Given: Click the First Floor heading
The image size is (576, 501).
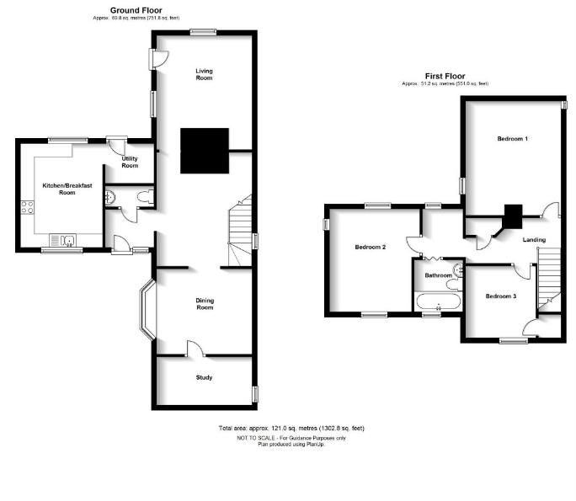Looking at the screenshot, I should point(445,76).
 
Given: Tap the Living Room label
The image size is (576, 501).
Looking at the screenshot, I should point(203,74).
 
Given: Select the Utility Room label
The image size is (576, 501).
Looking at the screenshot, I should point(130,162).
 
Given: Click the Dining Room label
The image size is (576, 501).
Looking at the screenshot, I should point(203,304).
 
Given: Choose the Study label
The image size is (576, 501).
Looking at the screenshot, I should point(204,377).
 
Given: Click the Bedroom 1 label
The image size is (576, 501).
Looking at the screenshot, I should point(512,138).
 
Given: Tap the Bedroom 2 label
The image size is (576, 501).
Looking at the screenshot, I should point(370,247).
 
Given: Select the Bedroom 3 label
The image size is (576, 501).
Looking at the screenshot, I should point(501,296).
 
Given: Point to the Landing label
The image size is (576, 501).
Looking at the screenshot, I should point(534,240).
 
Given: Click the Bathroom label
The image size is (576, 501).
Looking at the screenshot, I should point(437,275).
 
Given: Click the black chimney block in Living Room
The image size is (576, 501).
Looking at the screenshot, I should point(205,150).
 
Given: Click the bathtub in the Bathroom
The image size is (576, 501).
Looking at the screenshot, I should point(438,301).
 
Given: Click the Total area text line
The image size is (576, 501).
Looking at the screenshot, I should point(291,429).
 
